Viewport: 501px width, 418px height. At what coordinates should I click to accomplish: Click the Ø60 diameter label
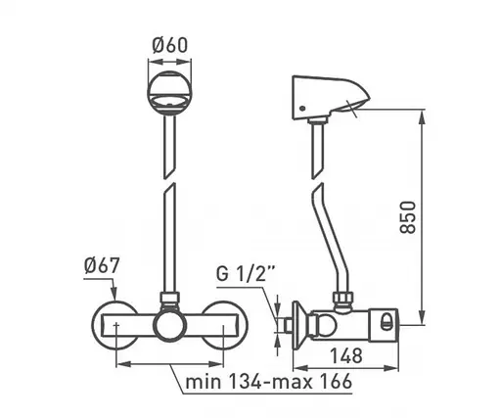(x=169, y=45)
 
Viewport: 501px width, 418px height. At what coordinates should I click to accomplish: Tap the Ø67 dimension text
(x=102, y=265)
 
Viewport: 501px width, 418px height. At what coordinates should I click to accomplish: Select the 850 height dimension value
(x=408, y=217)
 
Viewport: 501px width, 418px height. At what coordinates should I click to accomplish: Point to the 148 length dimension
(x=346, y=355)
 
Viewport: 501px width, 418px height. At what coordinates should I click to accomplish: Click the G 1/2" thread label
(x=246, y=273)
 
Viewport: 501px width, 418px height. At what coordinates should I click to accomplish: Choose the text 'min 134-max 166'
(x=269, y=381)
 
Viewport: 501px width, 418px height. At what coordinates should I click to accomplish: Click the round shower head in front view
(x=169, y=93)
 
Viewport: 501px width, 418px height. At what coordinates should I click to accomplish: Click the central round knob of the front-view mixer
(x=169, y=325)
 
